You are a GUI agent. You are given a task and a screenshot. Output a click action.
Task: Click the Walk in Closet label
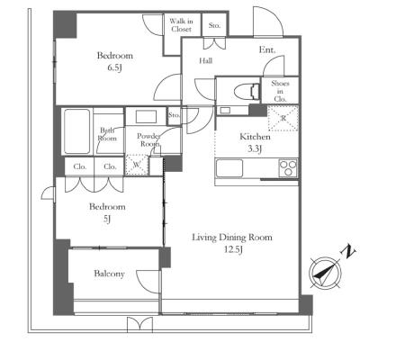click(x=181, y=25)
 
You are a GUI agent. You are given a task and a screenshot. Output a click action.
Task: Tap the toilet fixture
click(x=247, y=91)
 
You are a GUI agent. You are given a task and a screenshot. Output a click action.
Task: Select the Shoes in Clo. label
click(x=280, y=91)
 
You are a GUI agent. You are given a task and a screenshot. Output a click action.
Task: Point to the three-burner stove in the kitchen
click(x=288, y=168)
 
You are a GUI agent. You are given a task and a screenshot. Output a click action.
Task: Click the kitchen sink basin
click(x=229, y=168)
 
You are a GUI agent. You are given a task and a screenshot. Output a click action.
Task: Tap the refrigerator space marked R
click(x=283, y=118)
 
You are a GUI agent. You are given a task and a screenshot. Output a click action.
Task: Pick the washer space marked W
click(x=137, y=165)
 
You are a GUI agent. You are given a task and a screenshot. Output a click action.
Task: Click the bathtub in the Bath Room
click(x=77, y=131)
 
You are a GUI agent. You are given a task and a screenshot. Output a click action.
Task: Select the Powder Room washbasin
click(x=146, y=116)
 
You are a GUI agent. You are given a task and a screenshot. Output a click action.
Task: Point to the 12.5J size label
click(x=233, y=249)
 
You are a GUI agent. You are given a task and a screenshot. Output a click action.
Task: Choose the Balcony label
click(x=109, y=274)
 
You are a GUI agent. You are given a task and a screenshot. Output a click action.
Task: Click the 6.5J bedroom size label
click(x=115, y=67)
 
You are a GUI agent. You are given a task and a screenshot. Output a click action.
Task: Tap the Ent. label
click(x=267, y=49)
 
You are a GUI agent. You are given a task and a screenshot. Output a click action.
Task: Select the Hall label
click(x=206, y=61)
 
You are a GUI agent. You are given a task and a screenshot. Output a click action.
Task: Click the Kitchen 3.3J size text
click(x=255, y=148)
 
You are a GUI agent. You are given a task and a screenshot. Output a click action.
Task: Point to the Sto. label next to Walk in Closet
click(x=214, y=25)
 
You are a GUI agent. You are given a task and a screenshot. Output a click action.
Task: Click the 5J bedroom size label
click(x=107, y=219)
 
